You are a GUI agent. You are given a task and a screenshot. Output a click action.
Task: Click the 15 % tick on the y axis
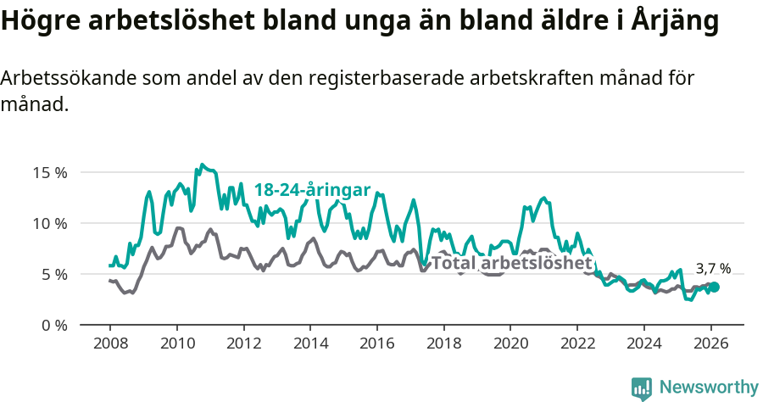(49, 172)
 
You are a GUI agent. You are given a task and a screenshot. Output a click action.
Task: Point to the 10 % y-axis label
(49, 223)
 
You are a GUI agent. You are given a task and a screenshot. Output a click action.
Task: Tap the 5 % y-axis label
(53, 274)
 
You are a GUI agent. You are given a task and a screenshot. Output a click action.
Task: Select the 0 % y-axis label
(53, 325)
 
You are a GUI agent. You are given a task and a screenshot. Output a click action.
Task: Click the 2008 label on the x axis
(110, 344)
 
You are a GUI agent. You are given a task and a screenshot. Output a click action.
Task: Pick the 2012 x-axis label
(243, 344)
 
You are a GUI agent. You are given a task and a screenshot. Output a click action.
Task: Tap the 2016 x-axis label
(376, 344)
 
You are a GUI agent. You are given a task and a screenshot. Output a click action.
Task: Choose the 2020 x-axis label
(510, 344)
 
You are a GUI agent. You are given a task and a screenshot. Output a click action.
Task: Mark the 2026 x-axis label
(710, 344)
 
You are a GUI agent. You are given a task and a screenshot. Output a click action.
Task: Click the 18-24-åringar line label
(312, 190)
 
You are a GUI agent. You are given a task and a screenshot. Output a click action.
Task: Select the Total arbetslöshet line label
(511, 263)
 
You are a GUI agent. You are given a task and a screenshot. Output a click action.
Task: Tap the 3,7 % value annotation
(713, 269)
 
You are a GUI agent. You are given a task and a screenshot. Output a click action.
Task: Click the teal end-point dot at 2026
(715, 288)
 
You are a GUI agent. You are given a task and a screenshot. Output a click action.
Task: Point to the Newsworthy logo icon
(642, 388)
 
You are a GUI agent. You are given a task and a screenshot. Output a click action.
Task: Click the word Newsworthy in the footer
(709, 388)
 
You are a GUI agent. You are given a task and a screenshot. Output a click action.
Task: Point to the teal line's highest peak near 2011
(202, 165)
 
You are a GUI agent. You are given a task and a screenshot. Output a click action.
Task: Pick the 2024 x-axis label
(643, 344)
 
